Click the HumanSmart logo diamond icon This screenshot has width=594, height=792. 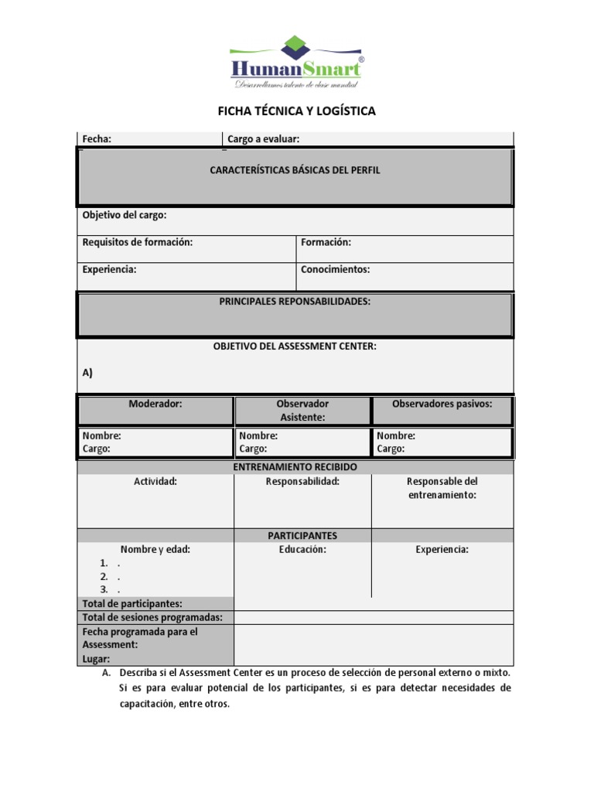click(295, 46)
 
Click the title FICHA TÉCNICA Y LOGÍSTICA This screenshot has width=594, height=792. click(296, 111)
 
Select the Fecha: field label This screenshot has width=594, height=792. click(97, 139)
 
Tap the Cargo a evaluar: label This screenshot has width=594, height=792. click(263, 139)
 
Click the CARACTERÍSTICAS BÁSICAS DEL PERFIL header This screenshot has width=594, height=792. click(295, 170)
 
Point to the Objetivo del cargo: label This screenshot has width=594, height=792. click(124, 215)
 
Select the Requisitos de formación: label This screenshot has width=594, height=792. click(137, 242)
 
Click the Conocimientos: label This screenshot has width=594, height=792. click(336, 270)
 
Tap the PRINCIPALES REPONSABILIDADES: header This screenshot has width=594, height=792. click(295, 302)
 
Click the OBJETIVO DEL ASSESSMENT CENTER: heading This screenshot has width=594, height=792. click(295, 346)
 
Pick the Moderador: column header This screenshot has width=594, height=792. click(155, 404)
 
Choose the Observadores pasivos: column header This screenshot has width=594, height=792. click(442, 404)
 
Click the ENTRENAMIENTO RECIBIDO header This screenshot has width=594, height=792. click(295, 468)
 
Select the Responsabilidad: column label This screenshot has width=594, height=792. click(302, 481)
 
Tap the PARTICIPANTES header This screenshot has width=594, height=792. click(302, 535)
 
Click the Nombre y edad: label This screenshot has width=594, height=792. click(155, 549)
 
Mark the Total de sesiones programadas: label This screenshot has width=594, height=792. click(152, 617)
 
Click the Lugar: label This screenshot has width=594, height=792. click(96, 659)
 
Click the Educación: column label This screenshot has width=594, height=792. click(302, 549)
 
